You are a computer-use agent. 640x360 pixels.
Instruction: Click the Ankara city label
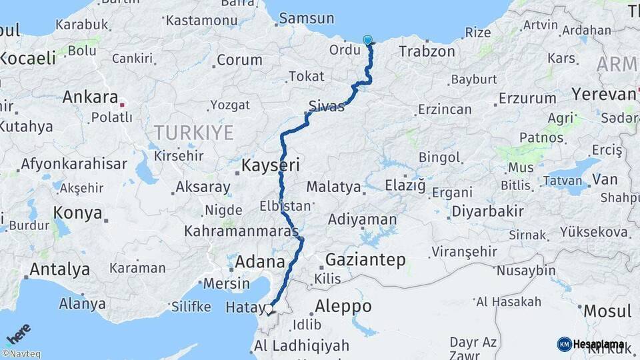tap(89, 97)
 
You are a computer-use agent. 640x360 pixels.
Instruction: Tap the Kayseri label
tap(270, 165)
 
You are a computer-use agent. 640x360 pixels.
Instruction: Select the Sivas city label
tap(327, 105)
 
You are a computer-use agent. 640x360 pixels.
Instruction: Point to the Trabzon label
tap(427, 51)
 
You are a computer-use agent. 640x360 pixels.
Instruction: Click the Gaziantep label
tap(365, 260)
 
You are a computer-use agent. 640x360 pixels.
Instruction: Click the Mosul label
tap(607, 311)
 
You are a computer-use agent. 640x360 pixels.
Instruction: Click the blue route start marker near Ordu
tap(368, 40)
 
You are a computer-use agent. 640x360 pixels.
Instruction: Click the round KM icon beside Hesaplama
tap(564, 344)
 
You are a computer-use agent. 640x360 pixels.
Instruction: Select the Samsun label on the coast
tap(307, 19)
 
